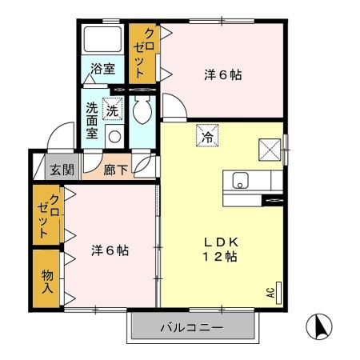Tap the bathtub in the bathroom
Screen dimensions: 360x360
click(x=102, y=40)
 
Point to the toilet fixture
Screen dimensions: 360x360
click(x=144, y=111)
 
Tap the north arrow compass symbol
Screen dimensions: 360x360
click(x=319, y=326)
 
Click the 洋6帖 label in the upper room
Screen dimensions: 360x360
click(x=223, y=75)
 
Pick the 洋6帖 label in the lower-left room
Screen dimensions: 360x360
click(x=110, y=250)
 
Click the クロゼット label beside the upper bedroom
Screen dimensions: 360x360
click(x=143, y=54)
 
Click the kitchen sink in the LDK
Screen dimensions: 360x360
click(x=240, y=181)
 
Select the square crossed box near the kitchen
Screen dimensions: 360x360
click(x=267, y=149)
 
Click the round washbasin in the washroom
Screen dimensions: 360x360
click(x=114, y=135)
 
